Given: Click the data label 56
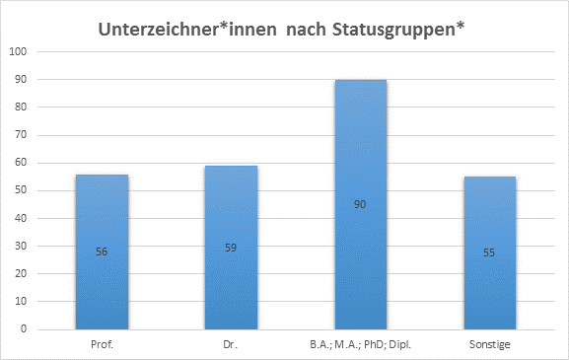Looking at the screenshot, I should coord(102,252).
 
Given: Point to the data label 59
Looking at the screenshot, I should coord(231,248).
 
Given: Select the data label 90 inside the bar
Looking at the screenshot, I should coord(360,204).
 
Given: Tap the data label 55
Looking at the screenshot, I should coord(489,253).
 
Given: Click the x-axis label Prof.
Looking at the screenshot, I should coord(102,343).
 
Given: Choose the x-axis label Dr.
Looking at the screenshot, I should coord(231,343).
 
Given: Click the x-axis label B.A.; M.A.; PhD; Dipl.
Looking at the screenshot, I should coord(360,343).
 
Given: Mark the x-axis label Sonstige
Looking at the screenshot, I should coord(489,343).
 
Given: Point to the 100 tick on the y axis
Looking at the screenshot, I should coord(20,51).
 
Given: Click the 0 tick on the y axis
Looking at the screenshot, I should coord(27,329).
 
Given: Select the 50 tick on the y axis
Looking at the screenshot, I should coord(23,190).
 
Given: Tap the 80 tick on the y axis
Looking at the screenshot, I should coord(23,108).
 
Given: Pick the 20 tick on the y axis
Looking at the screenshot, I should coord(23,274).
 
